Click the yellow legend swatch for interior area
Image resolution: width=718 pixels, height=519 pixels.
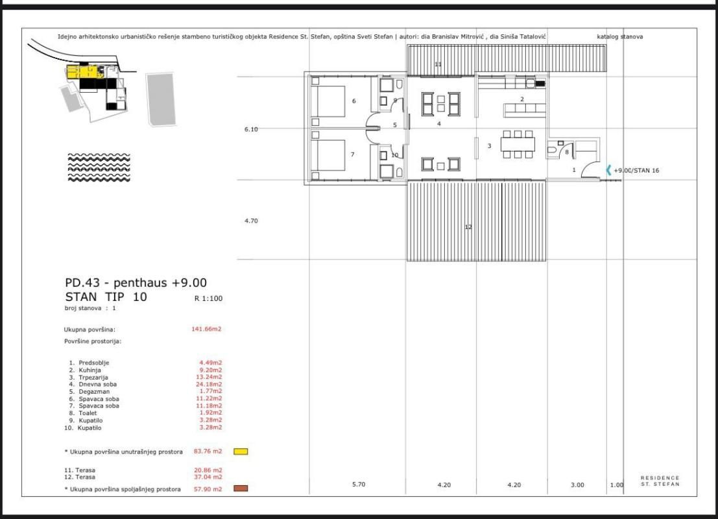[241, 451]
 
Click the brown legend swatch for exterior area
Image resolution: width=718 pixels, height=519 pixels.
[241, 489]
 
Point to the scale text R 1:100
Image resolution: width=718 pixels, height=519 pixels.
[208, 299]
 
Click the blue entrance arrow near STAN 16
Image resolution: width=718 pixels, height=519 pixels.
[608, 170]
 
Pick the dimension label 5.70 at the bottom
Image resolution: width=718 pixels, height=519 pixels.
[358, 484]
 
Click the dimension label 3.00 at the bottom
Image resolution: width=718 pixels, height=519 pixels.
[577, 484]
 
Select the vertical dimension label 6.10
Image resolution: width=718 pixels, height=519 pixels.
[251, 129]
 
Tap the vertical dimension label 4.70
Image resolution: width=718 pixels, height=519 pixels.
[251, 221]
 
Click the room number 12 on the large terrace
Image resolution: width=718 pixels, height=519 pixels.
[468, 227]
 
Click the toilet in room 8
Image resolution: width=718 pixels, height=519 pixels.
[552, 149]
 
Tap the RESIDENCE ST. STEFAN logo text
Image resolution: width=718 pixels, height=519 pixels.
[660, 481]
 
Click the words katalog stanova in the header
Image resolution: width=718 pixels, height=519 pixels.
[619, 37]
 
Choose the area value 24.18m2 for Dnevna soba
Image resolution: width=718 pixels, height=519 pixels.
[210, 384]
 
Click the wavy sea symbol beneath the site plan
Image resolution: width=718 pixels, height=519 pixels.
[99, 168]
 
